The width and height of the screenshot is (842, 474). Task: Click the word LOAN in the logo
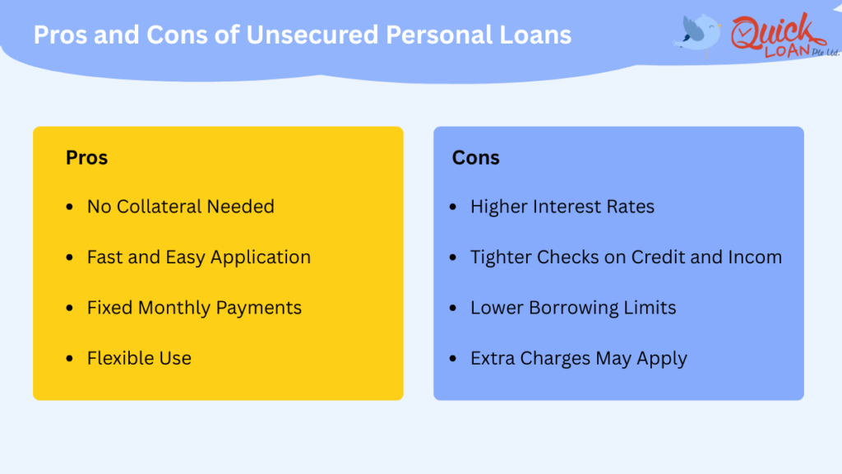pyautogui.click(x=786, y=51)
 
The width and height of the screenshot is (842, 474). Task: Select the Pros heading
pyautogui.click(x=86, y=157)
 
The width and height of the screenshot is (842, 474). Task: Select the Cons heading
pyautogui.click(x=475, y=157)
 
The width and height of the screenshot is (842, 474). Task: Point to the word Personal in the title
pyautogui.click(x=437, y=35)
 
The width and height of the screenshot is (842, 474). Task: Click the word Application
pyautogui.click(x=261, y=258)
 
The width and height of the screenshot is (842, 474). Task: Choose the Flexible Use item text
pyautogui.click(x=139, y=358)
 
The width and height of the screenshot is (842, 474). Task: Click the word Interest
pyautogui.click(x=562, y=207)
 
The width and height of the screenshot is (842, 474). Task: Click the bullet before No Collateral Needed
pyautogui.click(x=69, y=207)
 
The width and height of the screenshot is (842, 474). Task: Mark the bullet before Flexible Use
pyautogui.click(x=69, y=359)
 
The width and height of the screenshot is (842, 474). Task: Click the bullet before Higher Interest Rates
pyautogui.click(x=453, y=207)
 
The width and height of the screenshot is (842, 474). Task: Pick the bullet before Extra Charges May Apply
pyautogui.click(x=453, y=359)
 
